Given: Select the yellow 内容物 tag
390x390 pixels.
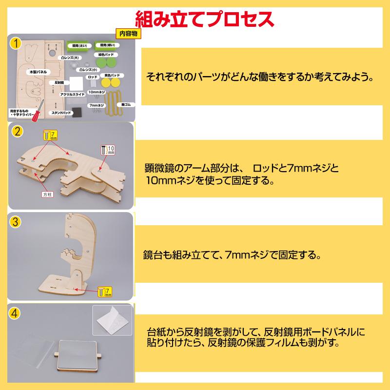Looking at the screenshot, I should (x=128, y=34).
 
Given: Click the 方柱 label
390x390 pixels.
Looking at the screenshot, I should (x=46, y=194).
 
